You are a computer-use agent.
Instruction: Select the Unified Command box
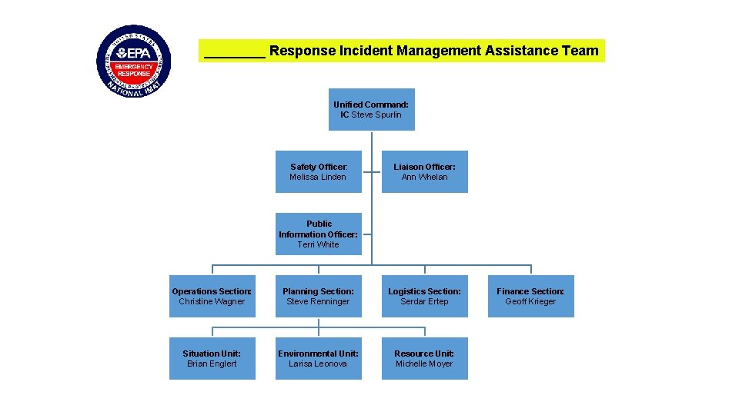371,109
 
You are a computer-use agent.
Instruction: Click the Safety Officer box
318,171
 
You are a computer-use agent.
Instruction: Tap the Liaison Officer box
424,171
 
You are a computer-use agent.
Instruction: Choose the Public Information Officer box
318,234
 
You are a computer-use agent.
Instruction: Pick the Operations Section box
212,296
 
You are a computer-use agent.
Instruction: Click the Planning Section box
318,296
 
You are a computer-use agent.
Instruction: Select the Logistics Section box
424,296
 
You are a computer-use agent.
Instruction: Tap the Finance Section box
530,296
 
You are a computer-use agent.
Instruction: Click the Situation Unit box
212,358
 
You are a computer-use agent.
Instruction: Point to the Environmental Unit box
318,358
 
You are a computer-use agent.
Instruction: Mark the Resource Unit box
424,358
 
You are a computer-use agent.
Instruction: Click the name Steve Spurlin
376,115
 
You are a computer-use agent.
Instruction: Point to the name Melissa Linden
318,177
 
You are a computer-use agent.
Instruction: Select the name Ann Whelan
424,177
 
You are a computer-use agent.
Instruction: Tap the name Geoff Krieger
530,301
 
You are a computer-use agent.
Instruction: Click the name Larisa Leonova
318,364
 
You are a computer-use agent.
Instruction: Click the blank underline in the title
234,52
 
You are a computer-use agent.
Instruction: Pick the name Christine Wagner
212,301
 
